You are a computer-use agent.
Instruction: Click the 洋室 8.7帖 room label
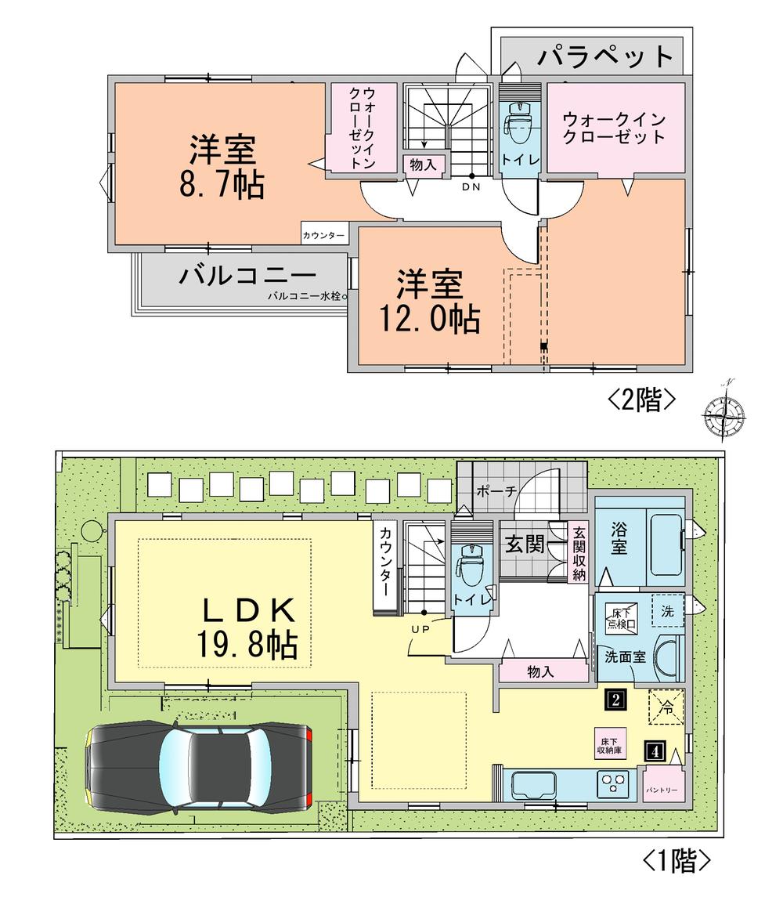(222, 166)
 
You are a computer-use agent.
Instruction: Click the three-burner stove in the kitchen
(614, 783)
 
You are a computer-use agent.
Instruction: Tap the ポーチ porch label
(496, 491)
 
